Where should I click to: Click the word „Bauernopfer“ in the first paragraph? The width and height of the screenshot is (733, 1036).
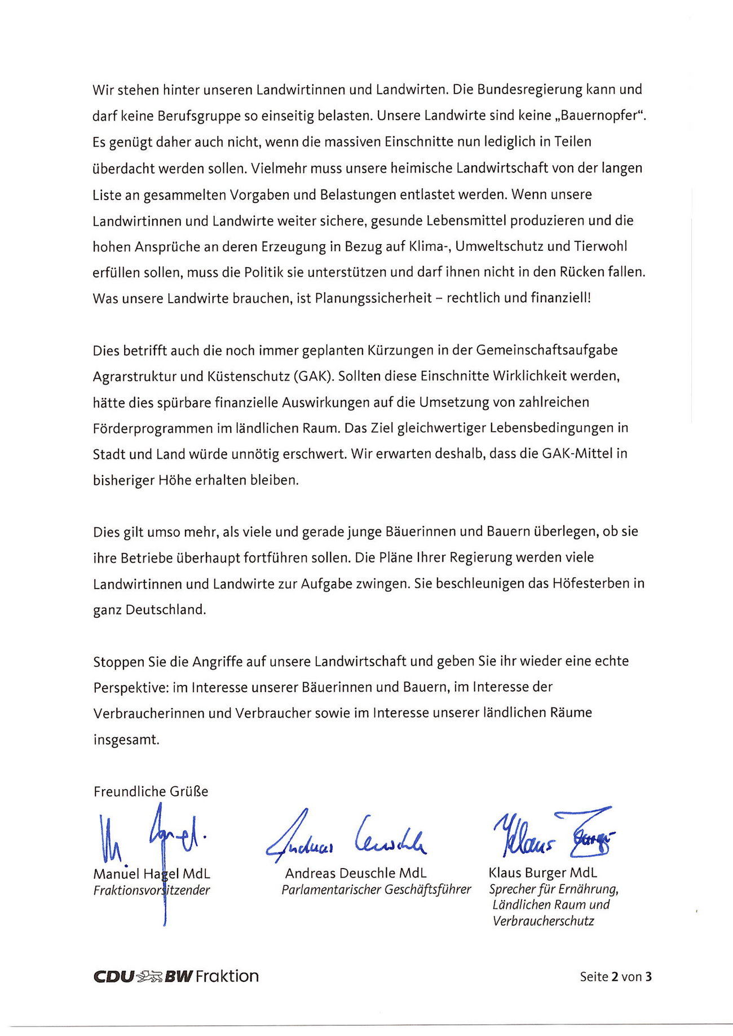pos(599,116)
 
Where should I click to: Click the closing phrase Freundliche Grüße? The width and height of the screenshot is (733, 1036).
pos(151,791)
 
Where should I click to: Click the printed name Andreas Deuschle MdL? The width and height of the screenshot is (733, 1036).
pos(356,874)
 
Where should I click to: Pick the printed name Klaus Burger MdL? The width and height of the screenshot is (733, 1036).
pos(542,873)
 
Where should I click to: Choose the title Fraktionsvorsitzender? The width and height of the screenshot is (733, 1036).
pos(151,891)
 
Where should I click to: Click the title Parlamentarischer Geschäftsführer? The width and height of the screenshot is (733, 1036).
pos(376,890)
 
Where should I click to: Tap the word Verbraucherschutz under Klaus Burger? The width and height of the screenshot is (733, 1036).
pos(543,922)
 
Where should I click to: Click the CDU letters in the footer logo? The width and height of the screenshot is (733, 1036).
pos(113,976)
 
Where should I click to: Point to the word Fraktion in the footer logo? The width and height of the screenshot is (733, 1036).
pos(227,976)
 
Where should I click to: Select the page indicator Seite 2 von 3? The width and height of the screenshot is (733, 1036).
pos(615,977)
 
